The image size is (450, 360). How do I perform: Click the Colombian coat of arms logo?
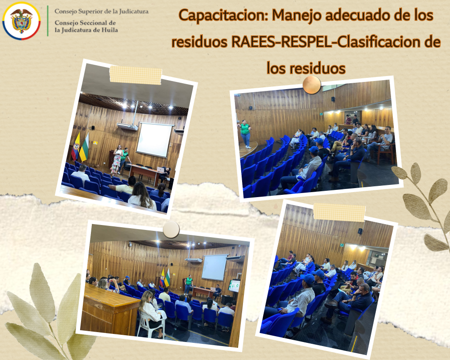21,21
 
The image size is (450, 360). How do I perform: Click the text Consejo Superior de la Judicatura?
102,12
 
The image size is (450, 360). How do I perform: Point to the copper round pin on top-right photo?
312,85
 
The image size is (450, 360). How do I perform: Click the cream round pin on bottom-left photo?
171,229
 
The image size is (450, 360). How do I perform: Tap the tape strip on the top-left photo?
136,75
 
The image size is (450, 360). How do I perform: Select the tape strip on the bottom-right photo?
339,212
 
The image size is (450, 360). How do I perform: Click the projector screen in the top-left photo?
154,140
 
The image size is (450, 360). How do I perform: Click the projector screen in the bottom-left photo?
214,267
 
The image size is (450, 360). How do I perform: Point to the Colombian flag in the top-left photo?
76,146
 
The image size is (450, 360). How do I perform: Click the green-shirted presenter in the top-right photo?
245,134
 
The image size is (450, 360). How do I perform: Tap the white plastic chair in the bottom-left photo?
150,324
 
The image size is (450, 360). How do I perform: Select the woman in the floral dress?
117,160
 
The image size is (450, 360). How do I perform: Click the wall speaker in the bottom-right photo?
360,231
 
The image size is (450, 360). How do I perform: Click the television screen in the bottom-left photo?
234,286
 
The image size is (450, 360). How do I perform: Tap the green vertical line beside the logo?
48,21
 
